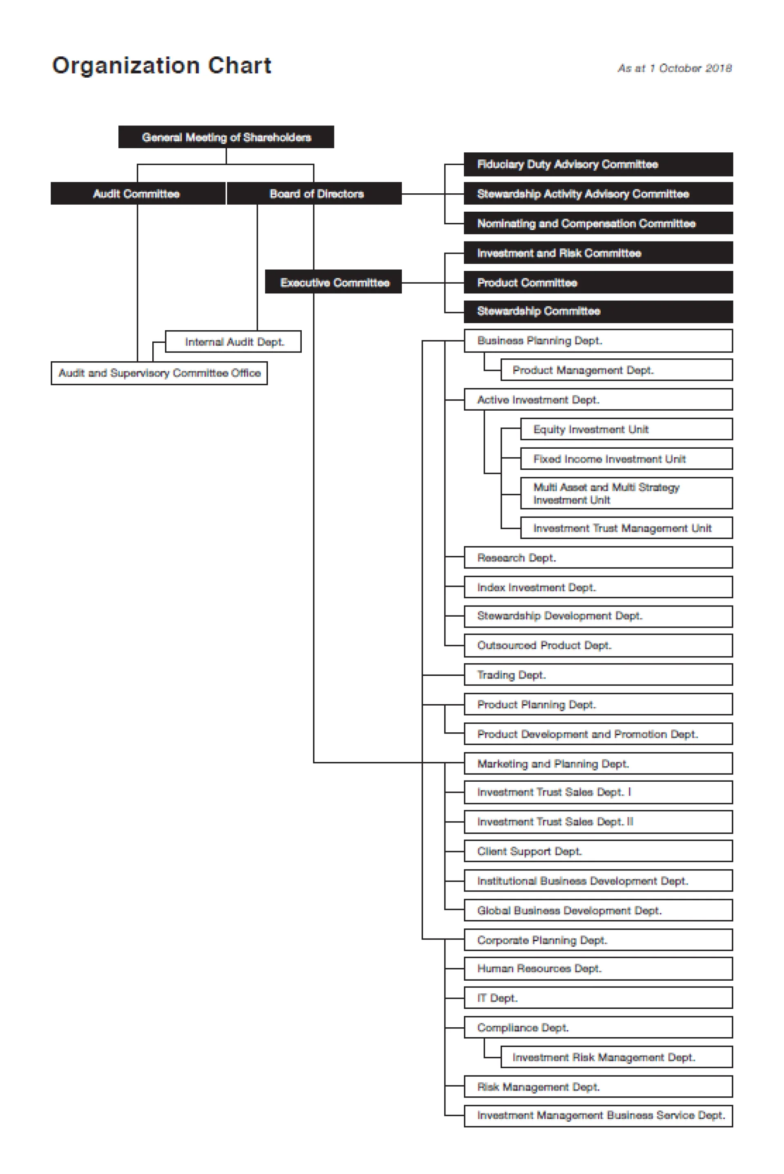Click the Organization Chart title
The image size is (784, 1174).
[x=162, y=65]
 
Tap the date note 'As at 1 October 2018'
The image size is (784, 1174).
[x=675, y=68]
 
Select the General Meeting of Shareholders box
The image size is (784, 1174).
[x=226, y=137]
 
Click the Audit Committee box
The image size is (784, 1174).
[x=138, y=194]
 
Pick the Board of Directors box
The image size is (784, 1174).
[x=314, y=194]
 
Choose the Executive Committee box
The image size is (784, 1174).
[x=334, y=283]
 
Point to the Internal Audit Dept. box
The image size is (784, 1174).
[x=234, y=342]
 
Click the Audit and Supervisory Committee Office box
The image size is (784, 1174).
[x=159, y=373]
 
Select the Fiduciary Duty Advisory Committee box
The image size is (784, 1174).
[x=598, y=165]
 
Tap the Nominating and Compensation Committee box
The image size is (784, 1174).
[x=598, y=224]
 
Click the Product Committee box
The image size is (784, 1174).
[x=598, y=283]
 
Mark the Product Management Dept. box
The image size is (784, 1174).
[x=616, y=370]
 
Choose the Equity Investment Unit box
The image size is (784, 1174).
[x=626, y=429]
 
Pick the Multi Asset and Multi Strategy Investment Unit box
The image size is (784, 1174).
[x=626, y=493]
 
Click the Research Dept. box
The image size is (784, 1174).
[x=598, y=558]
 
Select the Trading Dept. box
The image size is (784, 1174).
[x=598, y=675]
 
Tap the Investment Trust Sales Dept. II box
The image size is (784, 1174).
[x=598, y=822]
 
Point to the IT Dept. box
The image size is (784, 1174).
[x=598, y=998]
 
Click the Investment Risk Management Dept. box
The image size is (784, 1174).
[x=616, y=1057]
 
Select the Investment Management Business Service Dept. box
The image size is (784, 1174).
[x=598, y=1116]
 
